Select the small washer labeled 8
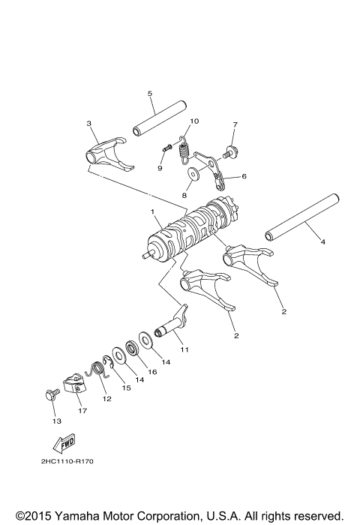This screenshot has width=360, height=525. click(193, 174)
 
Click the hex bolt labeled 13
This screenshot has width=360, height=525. click(50, 394)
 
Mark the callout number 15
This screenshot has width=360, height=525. click(127, 388)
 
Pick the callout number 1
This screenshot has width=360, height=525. click(152, 212)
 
